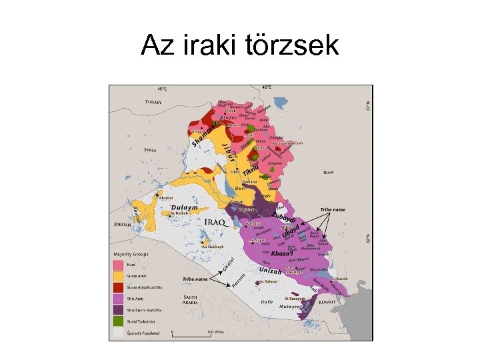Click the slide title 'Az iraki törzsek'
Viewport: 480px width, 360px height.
(x=240, y=45)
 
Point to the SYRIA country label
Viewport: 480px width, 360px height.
(x=150, y=150)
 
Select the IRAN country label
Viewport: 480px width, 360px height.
(x=327, y=172)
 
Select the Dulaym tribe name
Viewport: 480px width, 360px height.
(x=185, y=207)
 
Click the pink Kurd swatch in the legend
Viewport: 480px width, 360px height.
(x=118, y=264)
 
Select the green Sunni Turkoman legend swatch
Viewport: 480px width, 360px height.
(x=118, y=320)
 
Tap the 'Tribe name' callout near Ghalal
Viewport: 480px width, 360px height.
(x=196, y=279)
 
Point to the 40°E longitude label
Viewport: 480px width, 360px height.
(x=162, y=88)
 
